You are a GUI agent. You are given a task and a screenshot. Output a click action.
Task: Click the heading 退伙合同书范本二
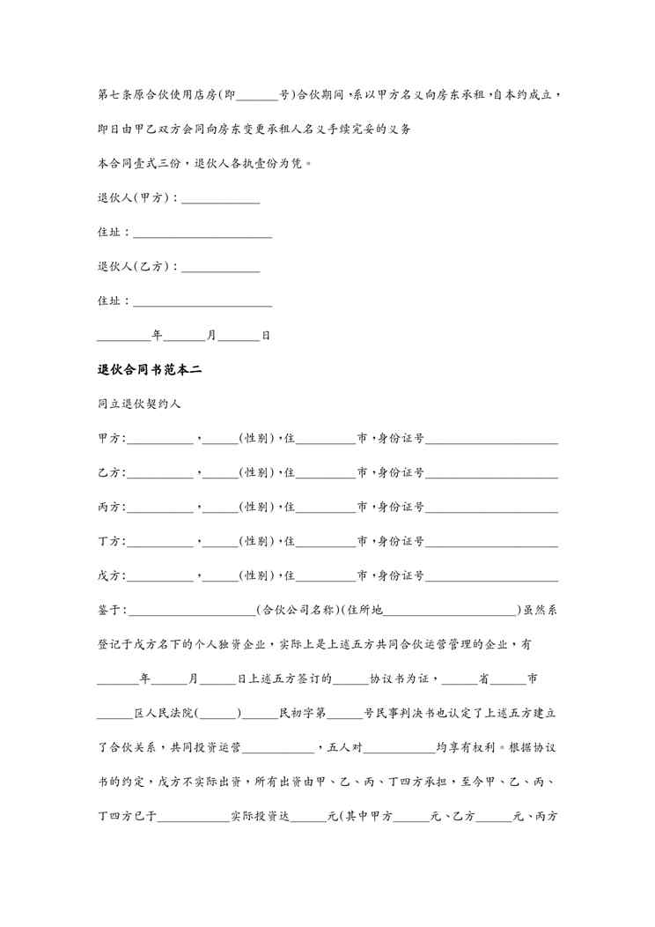150,370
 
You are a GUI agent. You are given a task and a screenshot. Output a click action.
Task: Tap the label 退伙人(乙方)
136,266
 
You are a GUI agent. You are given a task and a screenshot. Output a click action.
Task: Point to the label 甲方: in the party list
112,439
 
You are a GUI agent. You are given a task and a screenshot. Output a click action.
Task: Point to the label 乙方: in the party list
112,473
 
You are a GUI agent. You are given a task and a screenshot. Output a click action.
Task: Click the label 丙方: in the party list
112,508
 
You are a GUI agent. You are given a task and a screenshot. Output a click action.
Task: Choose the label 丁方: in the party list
112,542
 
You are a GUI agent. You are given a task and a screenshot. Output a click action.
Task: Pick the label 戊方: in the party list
112,576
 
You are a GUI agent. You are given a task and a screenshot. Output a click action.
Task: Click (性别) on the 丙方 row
255,508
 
